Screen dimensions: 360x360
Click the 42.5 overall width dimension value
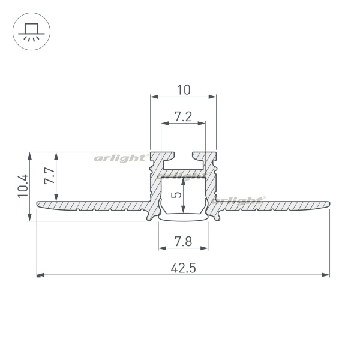coord(183,268)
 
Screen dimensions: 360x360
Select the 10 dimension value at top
coord(184,90)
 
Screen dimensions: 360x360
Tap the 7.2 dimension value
coord(183,116)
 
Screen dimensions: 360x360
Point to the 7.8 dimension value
coord(183,242)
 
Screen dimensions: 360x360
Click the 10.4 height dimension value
coord(23,185)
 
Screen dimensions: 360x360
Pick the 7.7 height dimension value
coord(50,176)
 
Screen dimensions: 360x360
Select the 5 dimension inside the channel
coord(176,195)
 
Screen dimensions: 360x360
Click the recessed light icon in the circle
coord(31,32)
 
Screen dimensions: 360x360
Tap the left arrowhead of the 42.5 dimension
coord(41,275)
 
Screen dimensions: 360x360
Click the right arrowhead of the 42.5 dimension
coord(326,275)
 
